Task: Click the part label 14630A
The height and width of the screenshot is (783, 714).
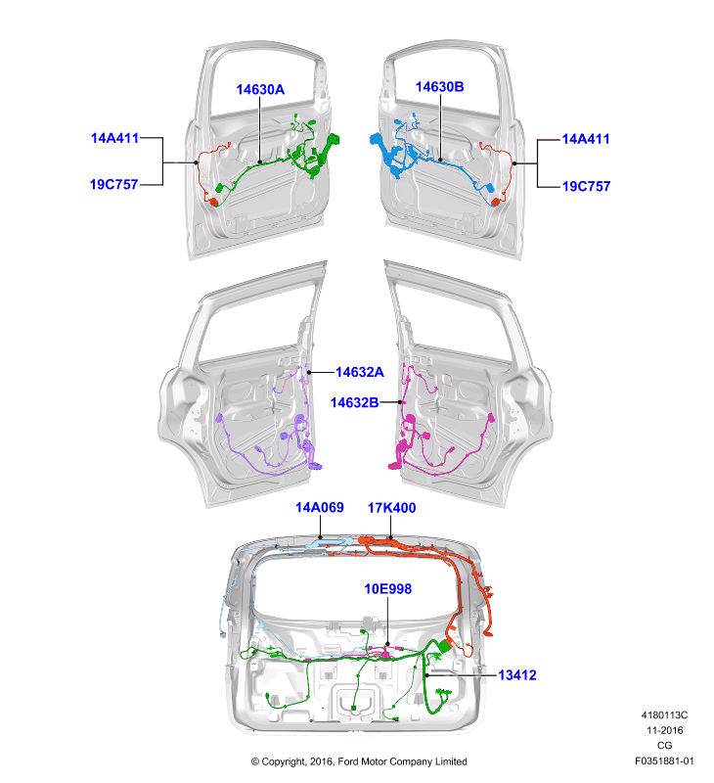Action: pyautogui.click(x=260, y=89)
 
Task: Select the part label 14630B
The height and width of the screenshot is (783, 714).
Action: pyautogui.click(x=439, y=87)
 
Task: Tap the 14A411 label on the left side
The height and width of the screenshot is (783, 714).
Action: pyautogui.click(x=114, y=138)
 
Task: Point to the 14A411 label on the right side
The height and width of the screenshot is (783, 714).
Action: pyautogui.click(x=586, y=139)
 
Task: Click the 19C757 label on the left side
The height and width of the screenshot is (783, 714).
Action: pyautogui.click(x=113, y=184)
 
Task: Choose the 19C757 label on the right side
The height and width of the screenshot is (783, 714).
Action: pyautogui.click(x=586, y=186)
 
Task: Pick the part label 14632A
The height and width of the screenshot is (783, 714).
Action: pyautogui.click(x=360, y=372)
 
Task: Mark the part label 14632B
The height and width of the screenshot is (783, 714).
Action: pyautogui.click(x=355, y=402)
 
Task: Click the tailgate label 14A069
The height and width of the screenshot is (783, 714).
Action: pyautogui.click(x=320, y=507)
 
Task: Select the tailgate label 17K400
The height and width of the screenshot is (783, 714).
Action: pyautogui.click(x=391, y=508)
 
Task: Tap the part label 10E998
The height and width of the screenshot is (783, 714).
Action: pyautogui.click(x=388, y=589)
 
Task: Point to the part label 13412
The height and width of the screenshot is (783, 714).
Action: pyautogui.click(x=517, y=675)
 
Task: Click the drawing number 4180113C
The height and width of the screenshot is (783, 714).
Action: pyautogui.click(x=664, y=715)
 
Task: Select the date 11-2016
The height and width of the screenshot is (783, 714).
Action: pyautogui.click(x=664, y=730)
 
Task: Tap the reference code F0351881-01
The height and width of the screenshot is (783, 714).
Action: pyautogui.click(x=664, y=761)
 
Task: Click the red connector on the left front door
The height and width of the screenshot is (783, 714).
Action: pyautogui.click(x=214, y=202)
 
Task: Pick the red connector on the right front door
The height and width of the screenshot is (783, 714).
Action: pyautogui.click(x=496, y=202)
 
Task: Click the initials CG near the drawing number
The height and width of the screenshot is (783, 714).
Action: pyautogui.click(x=664, y=745)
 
